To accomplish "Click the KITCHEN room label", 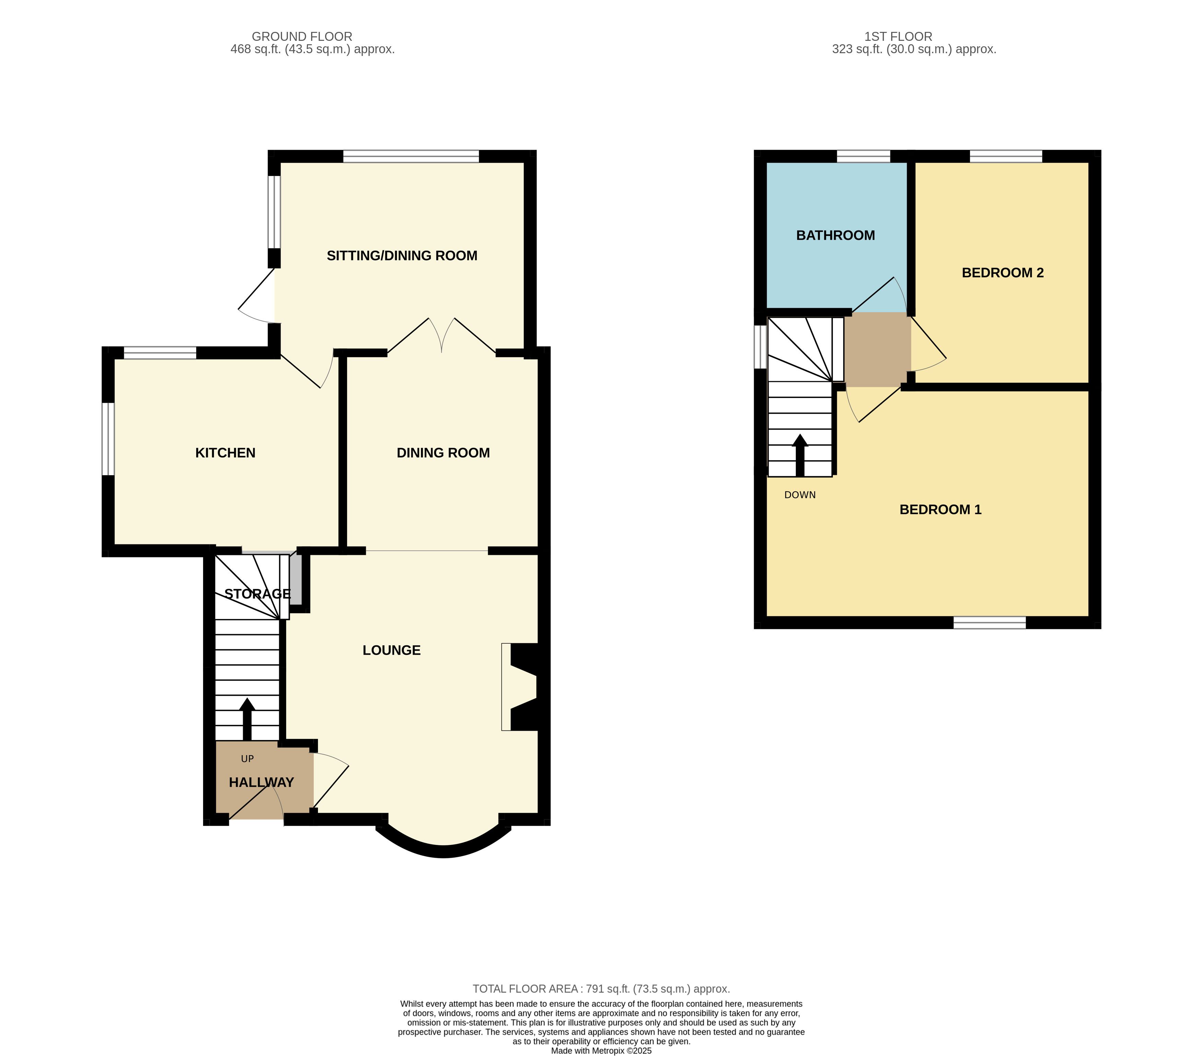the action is coord(225,453).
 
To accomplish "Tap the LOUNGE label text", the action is coord(391,650).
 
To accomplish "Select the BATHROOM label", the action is coord(835,235).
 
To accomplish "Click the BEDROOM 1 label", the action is coord(941,509).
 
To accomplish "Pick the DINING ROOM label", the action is coord(443,453).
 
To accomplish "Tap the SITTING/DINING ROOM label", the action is coord(402,256).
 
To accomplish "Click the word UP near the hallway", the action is coord(247,759).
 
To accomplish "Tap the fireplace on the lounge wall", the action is coord(524,687).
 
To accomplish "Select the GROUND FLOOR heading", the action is coord(302,36).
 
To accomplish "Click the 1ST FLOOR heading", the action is coord(898,36).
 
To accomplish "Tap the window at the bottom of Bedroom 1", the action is coord(989,623).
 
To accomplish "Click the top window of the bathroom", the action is coord(863,156).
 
